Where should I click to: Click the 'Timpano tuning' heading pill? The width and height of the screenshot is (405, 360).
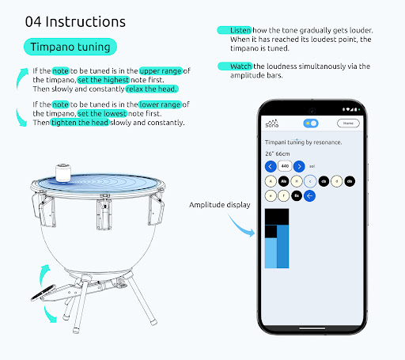[70, 47]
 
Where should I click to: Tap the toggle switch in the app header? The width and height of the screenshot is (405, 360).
[309, 123]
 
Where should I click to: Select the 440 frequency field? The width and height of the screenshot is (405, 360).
[285, 166]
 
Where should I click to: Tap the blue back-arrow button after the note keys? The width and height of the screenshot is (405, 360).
[309, 195]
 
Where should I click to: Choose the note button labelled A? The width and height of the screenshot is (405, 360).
[271, 180]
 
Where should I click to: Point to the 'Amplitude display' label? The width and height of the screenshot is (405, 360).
[219, 205]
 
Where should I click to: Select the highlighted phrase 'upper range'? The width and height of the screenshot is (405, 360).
[161, 71]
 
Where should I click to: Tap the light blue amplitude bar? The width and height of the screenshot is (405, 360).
[271, 252]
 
